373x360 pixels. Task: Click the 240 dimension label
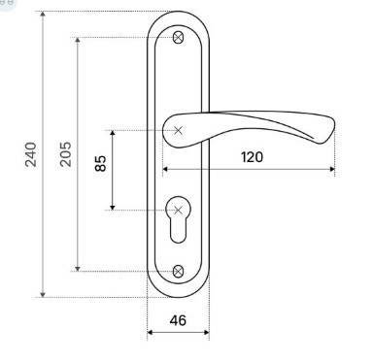[x=31, y=154]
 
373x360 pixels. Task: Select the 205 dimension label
[x=66, y=154]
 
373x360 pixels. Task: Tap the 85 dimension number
[x=100, y=163]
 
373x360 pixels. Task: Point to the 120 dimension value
[x=252, y=157]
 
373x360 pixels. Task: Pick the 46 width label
[x=178, y=320]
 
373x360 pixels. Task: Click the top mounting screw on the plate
[x=178, y=38]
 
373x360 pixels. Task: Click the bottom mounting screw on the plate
[x=178, y=272]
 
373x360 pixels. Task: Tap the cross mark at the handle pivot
[x=178, y=130]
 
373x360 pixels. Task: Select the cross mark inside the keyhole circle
[x=178, y=211]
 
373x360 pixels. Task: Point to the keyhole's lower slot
[x=178, y=231]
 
